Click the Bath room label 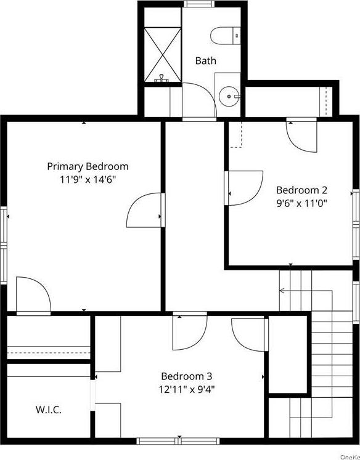pyautogui.click(x=206, y=60)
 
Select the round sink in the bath pyautogui.click(x=229, y=96)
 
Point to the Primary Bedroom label pyautogui.click(x=88, y=166)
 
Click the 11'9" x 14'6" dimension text pyautogui.click(x=88, y=179)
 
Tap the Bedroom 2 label pyautogui.click(x=301, y=190)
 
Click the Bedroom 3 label pyautogui.click(x=186, y=376)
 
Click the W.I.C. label pyautogui.click(x=48, y=410)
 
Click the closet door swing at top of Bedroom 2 pyautogui.click(x=302, y=135)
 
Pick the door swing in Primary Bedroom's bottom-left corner pyautogui.click(x=32, y=297)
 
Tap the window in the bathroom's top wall pyautogui.click(x=198, y=4)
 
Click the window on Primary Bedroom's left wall pyautogui.click(x=4, y=245)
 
